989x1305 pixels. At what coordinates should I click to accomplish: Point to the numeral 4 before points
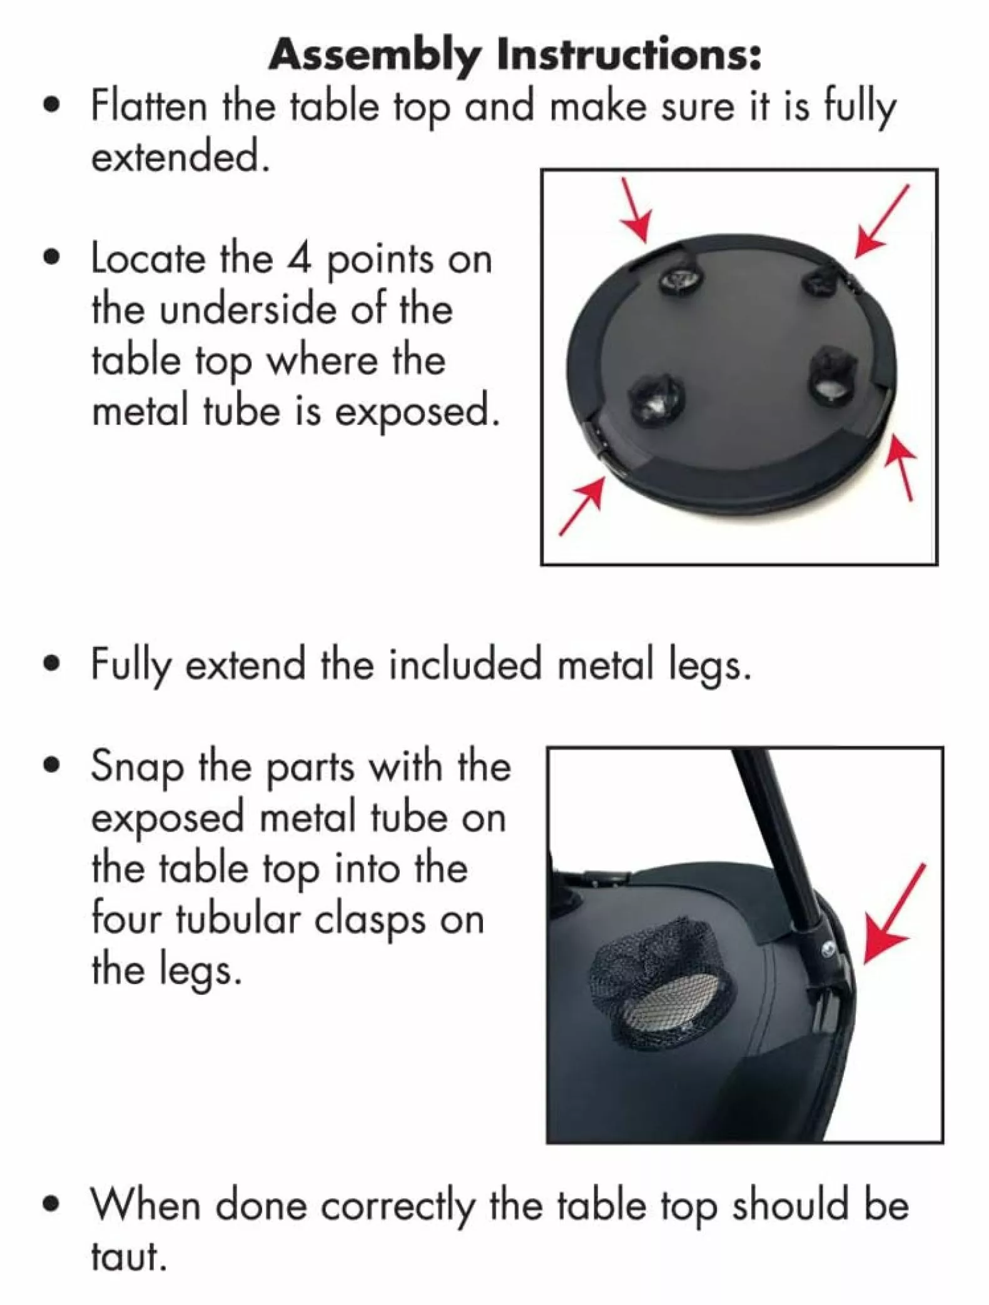pyautogui.click(x=300, y=257)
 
